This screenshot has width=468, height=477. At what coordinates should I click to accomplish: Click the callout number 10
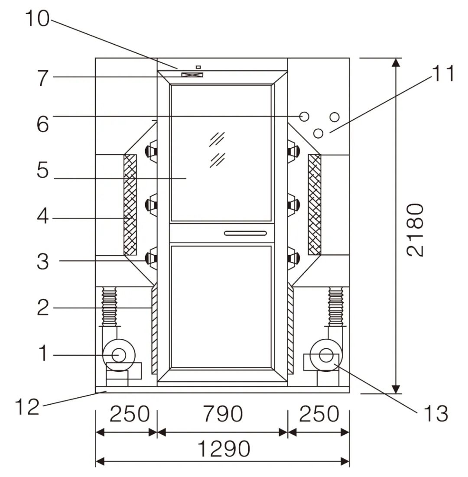(37, 19)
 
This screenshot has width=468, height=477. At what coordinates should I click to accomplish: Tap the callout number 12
(27, 407)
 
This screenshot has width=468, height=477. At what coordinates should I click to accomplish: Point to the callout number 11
(442, 74)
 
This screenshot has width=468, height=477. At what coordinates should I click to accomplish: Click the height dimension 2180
(415, 230)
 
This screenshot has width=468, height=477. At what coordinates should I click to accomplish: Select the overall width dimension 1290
(224, 449)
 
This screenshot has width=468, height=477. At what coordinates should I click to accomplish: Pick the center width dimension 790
(223, 414)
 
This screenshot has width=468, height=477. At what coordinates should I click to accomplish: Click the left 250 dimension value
(129, 414)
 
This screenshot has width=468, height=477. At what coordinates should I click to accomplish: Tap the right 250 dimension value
(318, 414)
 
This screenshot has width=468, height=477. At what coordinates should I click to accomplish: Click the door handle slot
(245, 234)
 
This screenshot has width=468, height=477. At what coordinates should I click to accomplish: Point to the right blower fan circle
(325, 355)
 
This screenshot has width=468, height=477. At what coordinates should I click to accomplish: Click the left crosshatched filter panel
(130, 204)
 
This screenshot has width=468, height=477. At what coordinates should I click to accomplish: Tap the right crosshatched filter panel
(315, 204)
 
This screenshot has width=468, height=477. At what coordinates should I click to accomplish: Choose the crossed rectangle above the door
(192, 75)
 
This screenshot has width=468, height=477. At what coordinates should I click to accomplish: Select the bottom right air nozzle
(293, 258)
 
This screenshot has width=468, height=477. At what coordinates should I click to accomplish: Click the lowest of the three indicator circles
(318, 133)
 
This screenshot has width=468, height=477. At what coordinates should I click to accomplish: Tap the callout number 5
(42, 171)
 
